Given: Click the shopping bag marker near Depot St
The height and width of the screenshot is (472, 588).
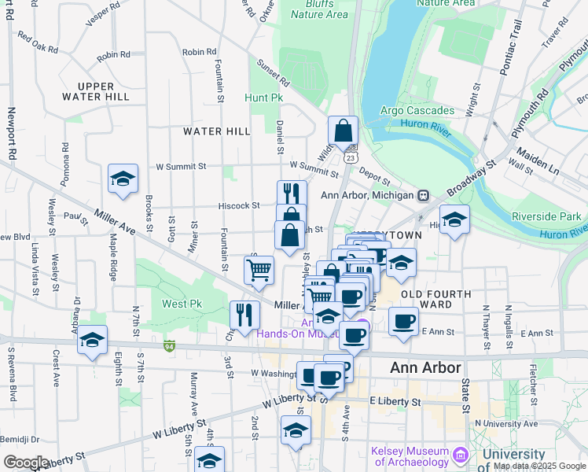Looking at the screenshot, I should click(x=344, y=131).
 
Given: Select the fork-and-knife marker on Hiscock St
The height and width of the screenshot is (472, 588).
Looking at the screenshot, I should click(x=292, y=194).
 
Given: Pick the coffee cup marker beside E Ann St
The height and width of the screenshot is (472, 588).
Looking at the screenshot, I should click(x=403, y=321).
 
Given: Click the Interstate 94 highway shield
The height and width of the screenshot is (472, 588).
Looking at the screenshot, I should click(x=169, y=345).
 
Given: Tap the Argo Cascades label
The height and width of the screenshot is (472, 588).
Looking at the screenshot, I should click(x=417, y=110).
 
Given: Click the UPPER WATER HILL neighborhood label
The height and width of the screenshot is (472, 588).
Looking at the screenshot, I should click(x=95, y=91).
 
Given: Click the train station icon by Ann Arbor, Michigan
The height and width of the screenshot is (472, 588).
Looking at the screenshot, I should click(x=424, y=195).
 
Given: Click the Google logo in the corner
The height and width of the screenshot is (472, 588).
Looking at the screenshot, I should click(x=26, y=463).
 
